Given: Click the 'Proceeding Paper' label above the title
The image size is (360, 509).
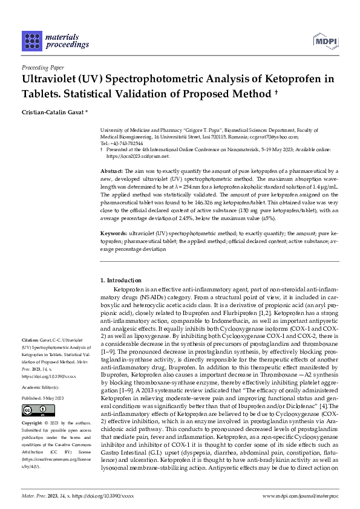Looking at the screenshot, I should (43, 67).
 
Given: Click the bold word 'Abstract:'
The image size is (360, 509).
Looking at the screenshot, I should (111, 172).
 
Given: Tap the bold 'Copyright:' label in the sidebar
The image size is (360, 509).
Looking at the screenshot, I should (32, 425).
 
